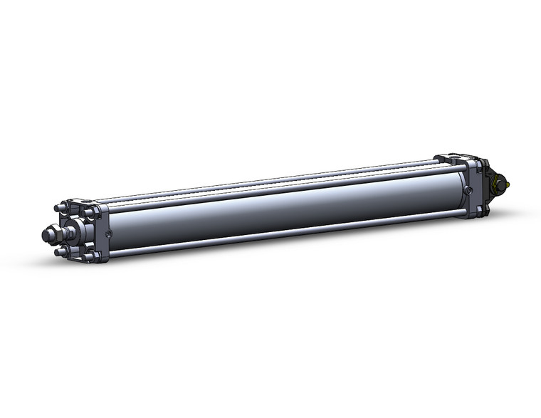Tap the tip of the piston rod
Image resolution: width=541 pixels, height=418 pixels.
tap(48, 233)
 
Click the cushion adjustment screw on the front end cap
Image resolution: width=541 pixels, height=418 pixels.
tap(107, 233)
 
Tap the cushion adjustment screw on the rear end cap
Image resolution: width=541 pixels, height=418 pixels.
tap(468, 190)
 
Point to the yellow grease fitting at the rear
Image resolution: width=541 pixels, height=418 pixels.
tap(510, 186)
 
